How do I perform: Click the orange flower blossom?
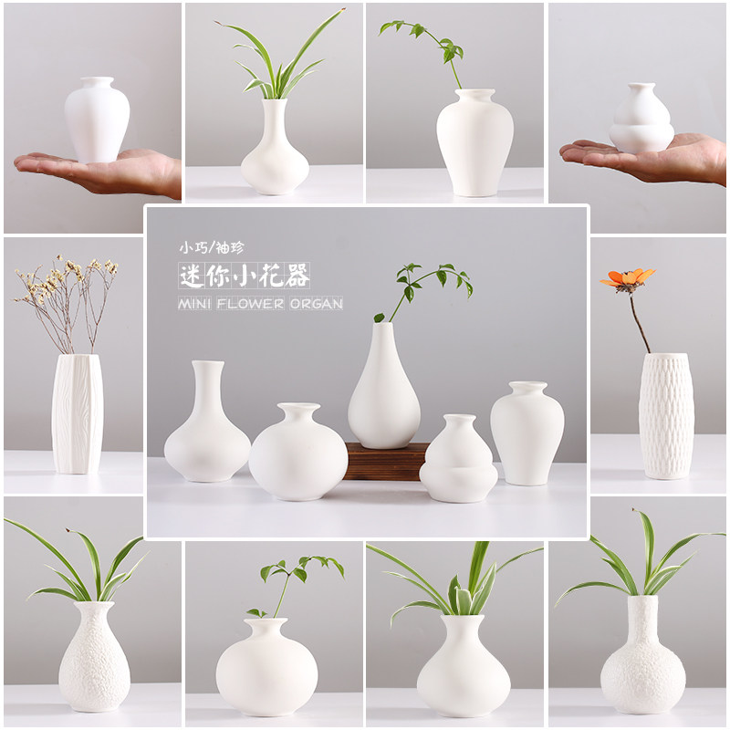point(628,278)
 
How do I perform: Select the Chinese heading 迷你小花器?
point(245,275)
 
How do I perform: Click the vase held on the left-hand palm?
point(96,120)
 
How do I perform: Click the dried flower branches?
point(67,297)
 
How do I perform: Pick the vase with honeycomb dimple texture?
point(665,415)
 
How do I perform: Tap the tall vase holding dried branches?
point(77,413)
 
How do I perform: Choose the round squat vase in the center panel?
point(297,454)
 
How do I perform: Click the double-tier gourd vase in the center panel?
point(458,461)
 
